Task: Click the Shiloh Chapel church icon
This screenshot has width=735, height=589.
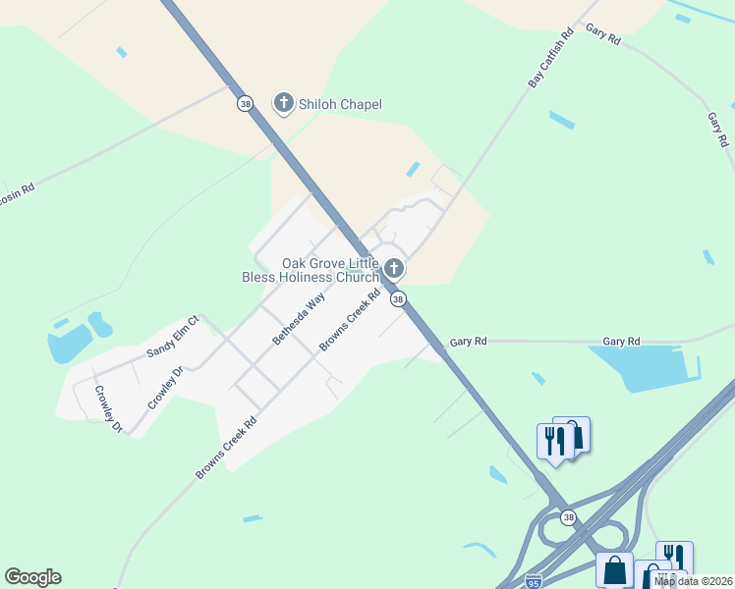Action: coord(284,103)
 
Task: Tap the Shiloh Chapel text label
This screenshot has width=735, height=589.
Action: coord(340,104)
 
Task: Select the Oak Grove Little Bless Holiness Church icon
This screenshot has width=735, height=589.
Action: coord(394,269)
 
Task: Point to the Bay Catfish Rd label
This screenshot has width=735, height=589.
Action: coord(551,59)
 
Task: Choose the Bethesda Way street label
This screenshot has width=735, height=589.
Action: coord(299,319)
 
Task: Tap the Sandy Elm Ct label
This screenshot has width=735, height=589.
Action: coord(173,336)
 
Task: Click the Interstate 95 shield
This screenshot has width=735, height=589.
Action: coord(533,581)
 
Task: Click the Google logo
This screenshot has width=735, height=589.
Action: coord(32,577)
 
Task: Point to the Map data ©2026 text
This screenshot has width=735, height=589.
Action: coord(693,581)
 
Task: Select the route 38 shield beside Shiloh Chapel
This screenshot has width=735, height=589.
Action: coord(243,102)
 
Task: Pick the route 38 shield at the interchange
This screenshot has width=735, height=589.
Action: coord(568,517)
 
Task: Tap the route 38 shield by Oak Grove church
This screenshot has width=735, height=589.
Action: coord(397,298)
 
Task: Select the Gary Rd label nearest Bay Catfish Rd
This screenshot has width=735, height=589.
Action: coord(603,33)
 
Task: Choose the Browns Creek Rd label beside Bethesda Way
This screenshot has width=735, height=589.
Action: coord(350,321)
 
